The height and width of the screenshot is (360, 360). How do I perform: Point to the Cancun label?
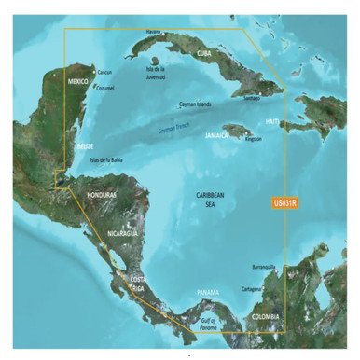point(105,72)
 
